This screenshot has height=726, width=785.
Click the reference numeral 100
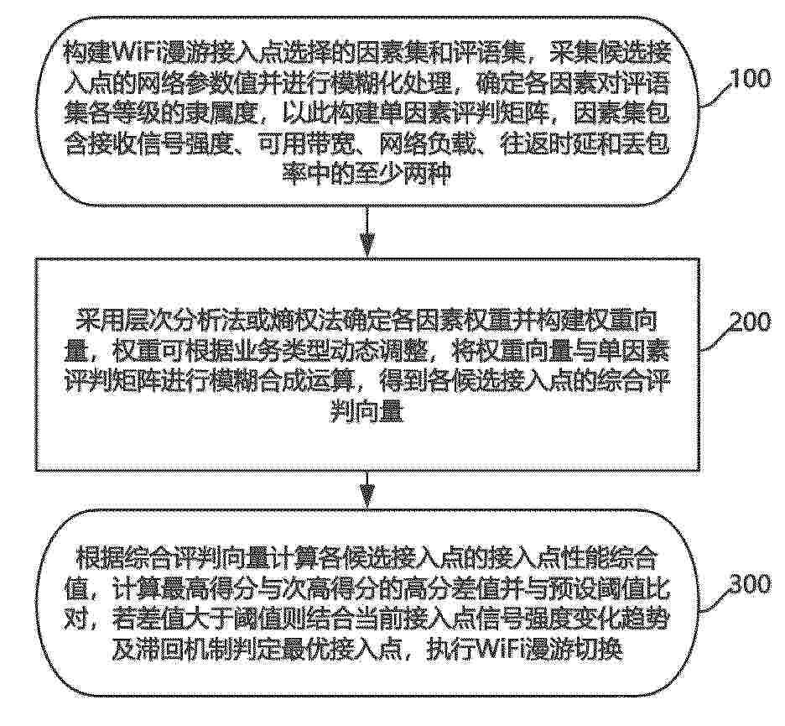(x=751, y=79)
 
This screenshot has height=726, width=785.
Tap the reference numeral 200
(x=751, y=322)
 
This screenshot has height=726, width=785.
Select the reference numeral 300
(x=751, y=584)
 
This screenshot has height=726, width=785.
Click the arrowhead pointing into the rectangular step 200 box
(x=368, y=248)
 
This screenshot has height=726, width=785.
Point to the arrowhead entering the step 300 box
(x=368, y=499)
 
